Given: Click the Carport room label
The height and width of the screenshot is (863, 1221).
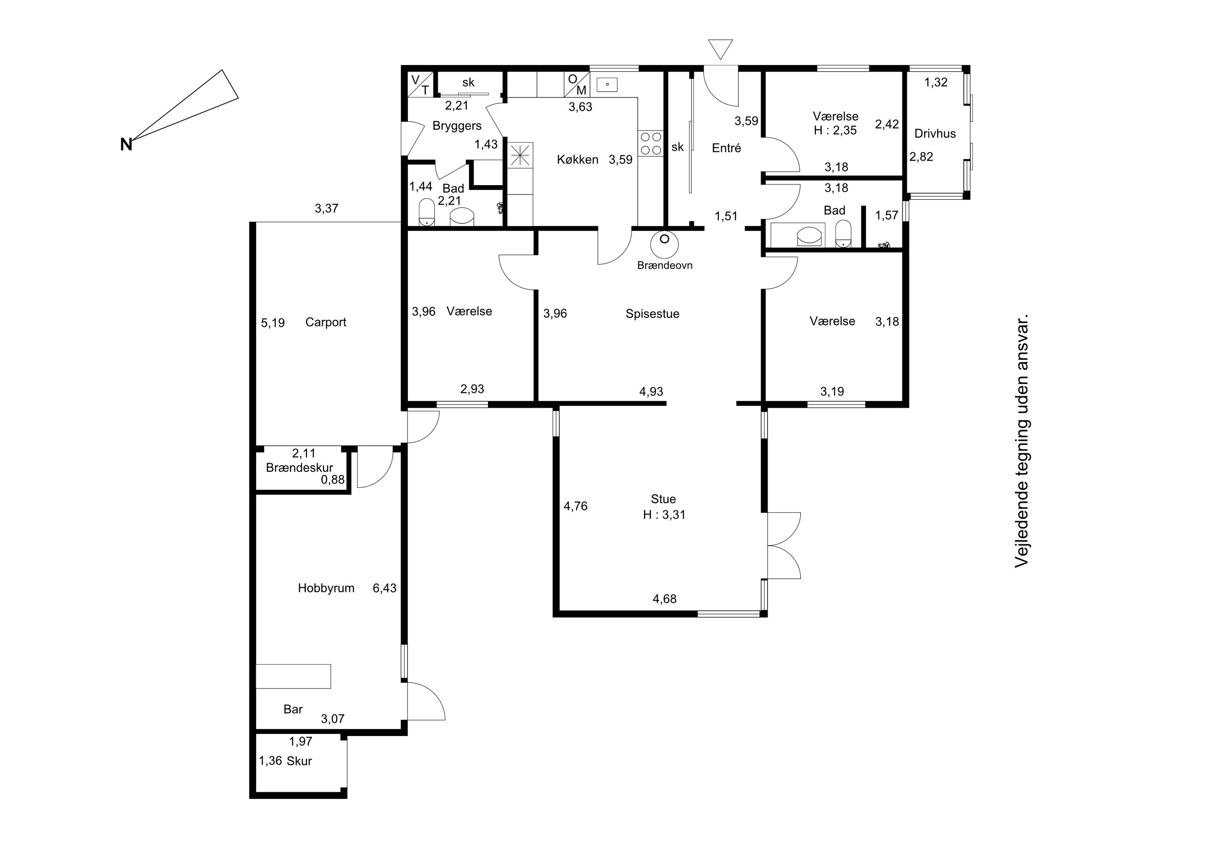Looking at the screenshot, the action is click(326, 322).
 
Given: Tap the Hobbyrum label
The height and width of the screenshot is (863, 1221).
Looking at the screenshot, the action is click(326, 588).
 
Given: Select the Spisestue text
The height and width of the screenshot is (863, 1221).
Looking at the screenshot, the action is click(652, 314).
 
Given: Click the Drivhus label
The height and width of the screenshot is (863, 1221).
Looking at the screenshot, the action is click(935, 133).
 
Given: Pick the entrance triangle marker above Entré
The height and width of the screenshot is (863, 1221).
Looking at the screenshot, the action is click(720, 49).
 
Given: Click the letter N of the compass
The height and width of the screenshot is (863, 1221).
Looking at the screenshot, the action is click(126, 144).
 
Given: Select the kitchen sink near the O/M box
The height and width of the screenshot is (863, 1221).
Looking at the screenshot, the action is click(607, 84).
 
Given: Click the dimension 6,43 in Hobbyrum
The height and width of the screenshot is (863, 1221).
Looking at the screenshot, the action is click(385, 588).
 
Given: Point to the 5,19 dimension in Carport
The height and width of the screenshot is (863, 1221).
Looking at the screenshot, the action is click(273, 323).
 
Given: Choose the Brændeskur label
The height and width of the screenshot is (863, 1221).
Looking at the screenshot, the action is click(300, 468).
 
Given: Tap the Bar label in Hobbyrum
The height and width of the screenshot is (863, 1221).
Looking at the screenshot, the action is click(293, 709).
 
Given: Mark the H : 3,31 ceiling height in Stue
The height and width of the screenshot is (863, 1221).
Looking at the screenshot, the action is click(664, 515).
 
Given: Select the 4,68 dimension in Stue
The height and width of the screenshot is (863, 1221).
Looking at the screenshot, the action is click(665, 599).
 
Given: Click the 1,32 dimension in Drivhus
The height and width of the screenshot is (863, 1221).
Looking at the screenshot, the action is click(936, 83).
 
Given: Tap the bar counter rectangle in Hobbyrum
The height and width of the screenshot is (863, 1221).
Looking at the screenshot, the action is click(293, 676).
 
